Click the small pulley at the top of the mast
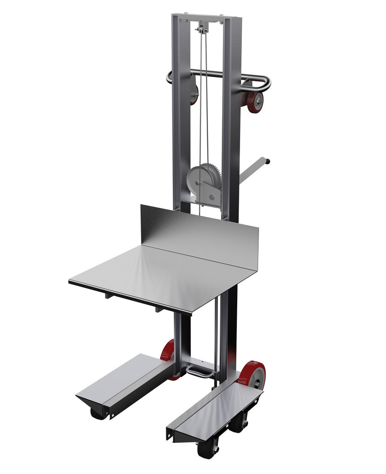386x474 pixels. click(200, 30)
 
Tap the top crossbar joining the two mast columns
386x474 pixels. click(206, 18)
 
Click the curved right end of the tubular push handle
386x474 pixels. click(266, 82)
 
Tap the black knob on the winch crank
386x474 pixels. click(268, 161)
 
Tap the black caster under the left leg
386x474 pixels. click(98, 413)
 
